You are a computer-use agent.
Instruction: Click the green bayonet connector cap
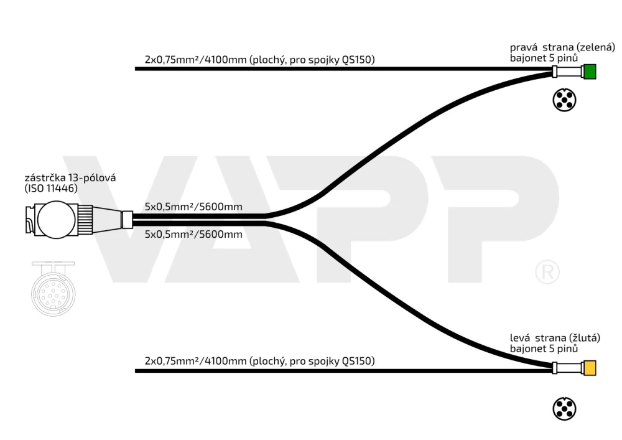coord(590,72)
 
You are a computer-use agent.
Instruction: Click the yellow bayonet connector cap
coord(590,368)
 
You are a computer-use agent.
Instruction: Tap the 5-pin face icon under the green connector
coord(564,100)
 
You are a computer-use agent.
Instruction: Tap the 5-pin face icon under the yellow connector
coord(564,409)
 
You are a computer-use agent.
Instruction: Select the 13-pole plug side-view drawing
coord(73,220)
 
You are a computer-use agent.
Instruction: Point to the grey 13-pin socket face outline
coord(53,289)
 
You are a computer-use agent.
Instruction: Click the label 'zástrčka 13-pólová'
coord(70,178)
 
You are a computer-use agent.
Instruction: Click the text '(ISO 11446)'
coord(51,189)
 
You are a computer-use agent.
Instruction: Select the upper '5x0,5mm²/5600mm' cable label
coord(193,207)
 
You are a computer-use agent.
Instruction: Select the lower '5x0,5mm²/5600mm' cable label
coord(193,234)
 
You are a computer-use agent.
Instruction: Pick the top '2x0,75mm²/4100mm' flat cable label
coord(260,60)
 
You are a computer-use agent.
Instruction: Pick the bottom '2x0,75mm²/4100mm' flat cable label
coord(260,361)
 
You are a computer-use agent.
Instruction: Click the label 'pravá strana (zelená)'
coord(562,48)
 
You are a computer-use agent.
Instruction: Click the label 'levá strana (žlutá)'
coord(555,338)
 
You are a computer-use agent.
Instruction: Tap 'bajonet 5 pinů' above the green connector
coord(544,58)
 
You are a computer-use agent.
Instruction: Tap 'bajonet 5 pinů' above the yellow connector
coord(544,349)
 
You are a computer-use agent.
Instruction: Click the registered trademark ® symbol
coord(547,272)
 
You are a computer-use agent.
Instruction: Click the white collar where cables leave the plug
coord(126,220)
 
